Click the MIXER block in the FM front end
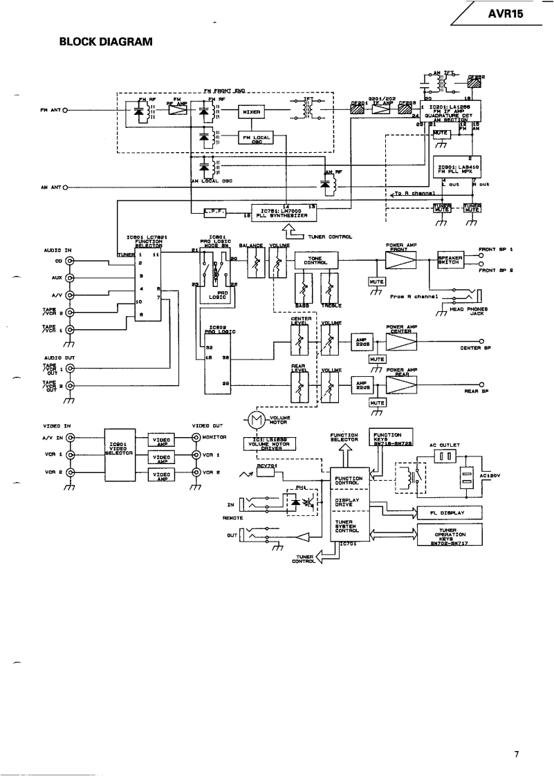click(x=251, y=111)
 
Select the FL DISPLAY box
click(x=450, y=513)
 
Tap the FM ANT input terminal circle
click(x=64, y=111)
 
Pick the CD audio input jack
click(x=69, y=261)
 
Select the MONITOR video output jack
click(x=196, y=438)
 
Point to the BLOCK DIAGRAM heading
click(x=105, y=42)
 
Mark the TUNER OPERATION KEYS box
click(x=450, y=535)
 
